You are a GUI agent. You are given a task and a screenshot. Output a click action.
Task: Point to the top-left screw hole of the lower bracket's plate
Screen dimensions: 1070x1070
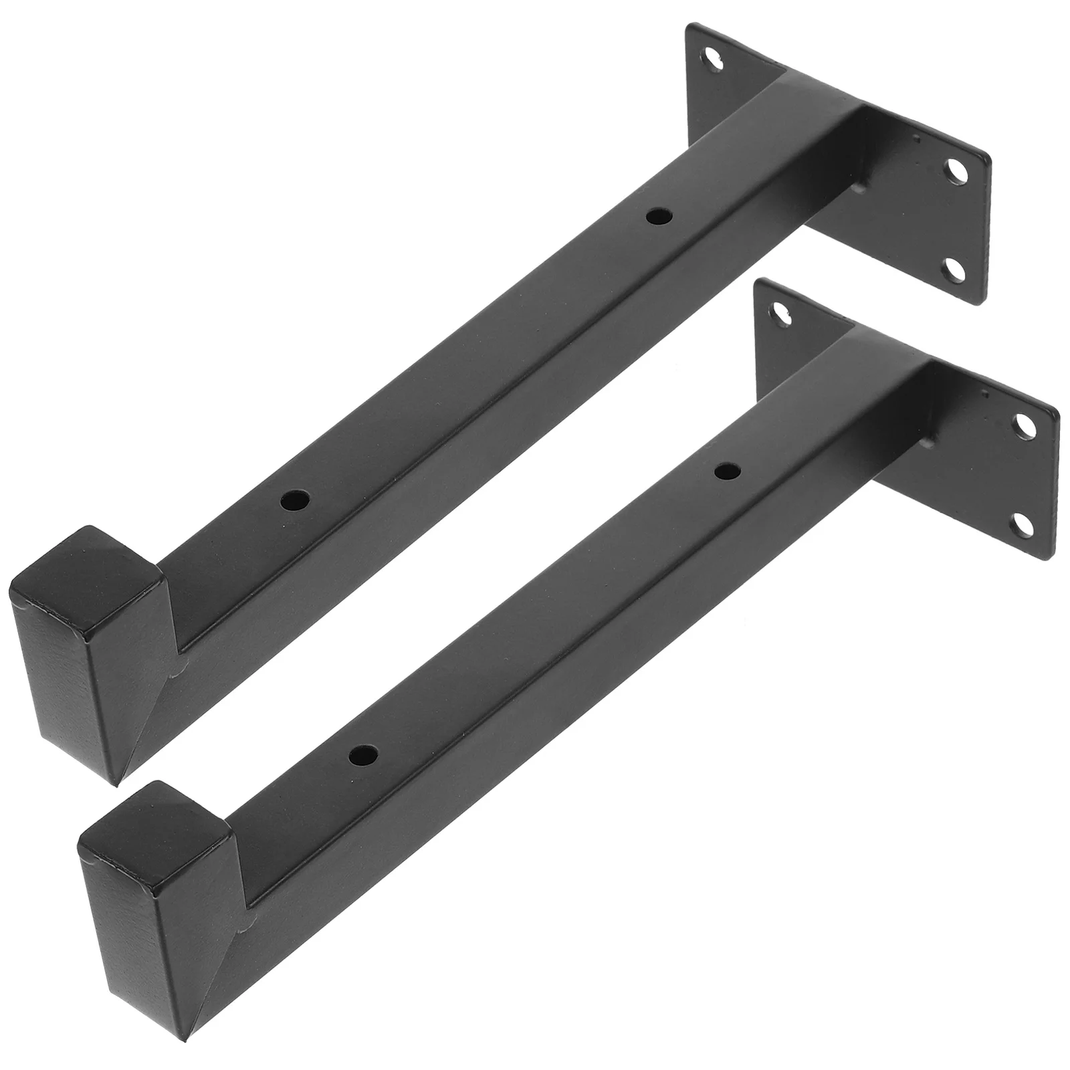780,310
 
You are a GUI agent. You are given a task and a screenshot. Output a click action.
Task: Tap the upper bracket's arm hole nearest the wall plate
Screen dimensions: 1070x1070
659,216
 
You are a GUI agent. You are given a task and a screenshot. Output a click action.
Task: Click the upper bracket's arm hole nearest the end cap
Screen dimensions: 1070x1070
295,500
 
